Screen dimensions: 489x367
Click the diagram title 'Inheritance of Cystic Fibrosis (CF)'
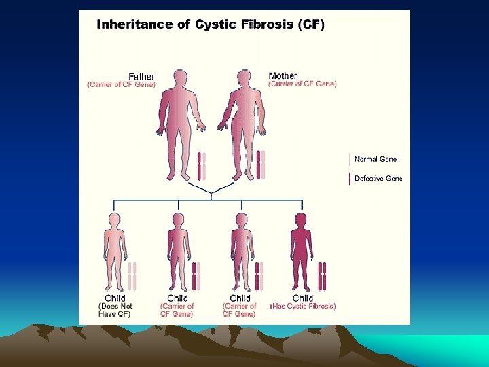pos(211,25)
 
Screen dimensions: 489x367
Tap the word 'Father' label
pos(141,77)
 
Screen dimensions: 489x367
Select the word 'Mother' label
pos(283,75)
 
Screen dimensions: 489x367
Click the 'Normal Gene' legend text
pos(376,159)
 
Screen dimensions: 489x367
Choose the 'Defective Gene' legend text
pos(378,179)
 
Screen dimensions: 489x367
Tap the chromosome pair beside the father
pos(202,166)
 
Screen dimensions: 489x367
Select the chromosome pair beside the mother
pos(261,166)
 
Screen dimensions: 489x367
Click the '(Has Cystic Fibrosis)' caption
pos(303,307)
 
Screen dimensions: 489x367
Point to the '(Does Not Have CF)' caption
pos(115,310)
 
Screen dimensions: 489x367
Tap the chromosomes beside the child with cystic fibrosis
pos(323,276)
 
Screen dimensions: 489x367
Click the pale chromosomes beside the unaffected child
pos(132,276)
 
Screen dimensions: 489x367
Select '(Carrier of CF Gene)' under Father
pos(122,85)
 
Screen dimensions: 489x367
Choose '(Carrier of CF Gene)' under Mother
pos(302,84)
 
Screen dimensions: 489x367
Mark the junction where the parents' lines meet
pos(211,193)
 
